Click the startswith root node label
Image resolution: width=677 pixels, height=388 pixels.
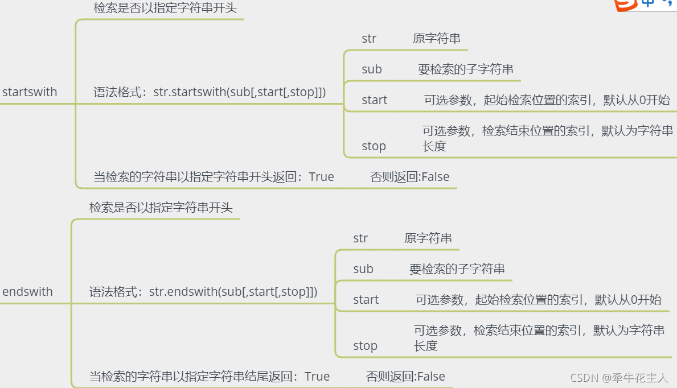30,92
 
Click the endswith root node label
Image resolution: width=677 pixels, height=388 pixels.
27,292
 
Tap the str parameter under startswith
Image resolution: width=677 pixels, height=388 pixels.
369,39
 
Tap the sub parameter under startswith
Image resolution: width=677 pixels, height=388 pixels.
372,69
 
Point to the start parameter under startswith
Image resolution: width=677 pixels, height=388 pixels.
374,100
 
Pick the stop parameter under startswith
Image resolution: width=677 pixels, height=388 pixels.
374,146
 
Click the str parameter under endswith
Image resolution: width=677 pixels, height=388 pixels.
360,238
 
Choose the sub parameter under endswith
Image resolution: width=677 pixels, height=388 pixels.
363,269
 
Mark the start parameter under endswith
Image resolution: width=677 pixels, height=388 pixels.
366,300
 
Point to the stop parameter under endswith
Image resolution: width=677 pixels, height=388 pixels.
365,346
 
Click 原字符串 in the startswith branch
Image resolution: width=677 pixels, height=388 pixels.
437,39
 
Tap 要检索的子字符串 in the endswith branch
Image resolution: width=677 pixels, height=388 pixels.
457,269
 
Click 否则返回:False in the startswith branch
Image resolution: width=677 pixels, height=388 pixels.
410,177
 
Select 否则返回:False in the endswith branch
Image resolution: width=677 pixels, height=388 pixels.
405,377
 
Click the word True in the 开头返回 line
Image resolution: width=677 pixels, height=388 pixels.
322,177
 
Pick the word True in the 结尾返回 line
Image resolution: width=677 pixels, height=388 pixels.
317,377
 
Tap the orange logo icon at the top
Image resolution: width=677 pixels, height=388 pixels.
626,5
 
